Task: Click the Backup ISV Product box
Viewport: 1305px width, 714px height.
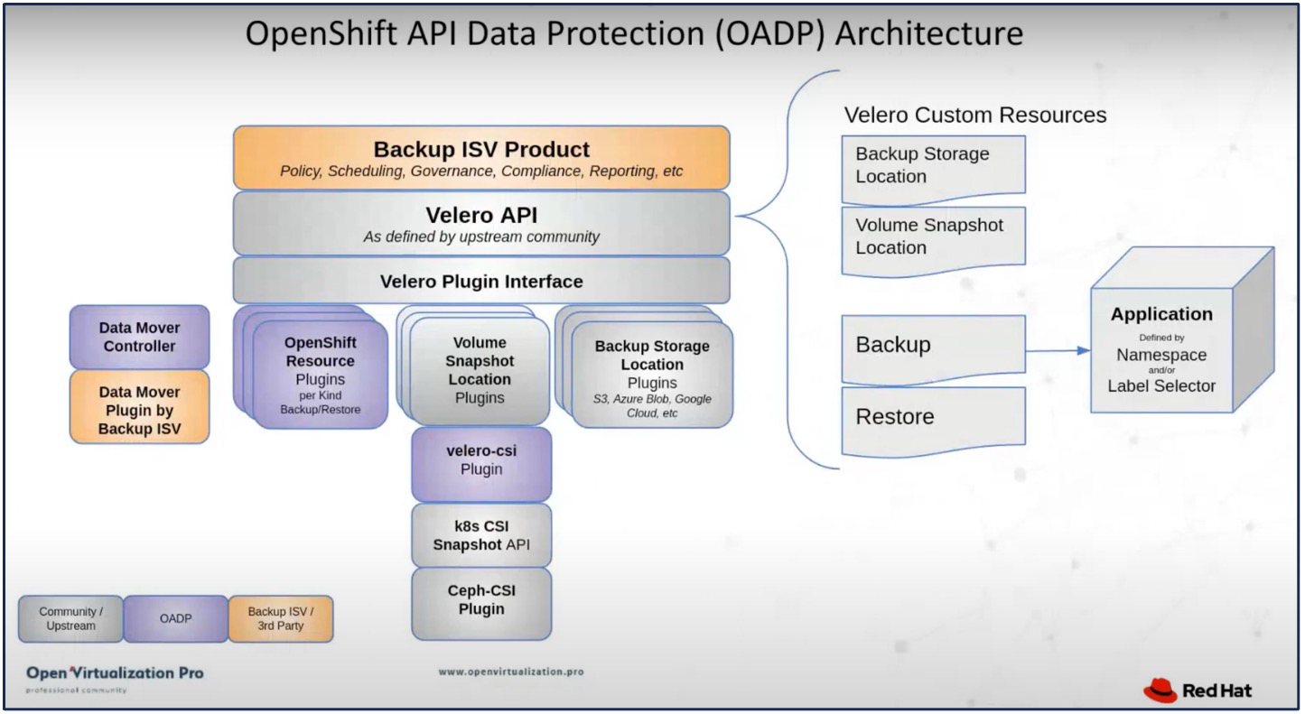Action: pyautogui.click(x=480, y=158)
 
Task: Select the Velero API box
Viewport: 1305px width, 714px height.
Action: pyautogui.click(x=480, y=223)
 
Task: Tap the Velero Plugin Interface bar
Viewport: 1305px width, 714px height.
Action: pyautogui.click(x=480, y=281)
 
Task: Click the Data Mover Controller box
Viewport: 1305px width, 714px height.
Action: pyautogui.click(x=139, y=337)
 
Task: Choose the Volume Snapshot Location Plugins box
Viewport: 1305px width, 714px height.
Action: pyautogui.click(x=480, y=371)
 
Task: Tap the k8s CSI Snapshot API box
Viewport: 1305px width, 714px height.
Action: pyautogui.click(x=481, y=534)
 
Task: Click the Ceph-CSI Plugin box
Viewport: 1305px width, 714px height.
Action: pyautogui.click(x=481, y=601)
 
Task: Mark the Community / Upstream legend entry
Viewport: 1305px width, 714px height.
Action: pyautogui.click(x=70, y=618)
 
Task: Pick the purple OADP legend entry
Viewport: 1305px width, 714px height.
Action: pyautogui.click(x=175, y=618)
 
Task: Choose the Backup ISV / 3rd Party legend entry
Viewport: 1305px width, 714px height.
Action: pyautogui.click(x=280, y=618)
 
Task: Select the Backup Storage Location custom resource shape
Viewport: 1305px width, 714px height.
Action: pyautogui.click(x=933, y=166)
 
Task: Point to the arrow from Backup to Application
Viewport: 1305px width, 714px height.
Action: pyautogui.click(x=1057, y=350)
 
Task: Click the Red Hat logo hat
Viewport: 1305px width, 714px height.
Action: pyautogui.click(x=1161, y=691)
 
